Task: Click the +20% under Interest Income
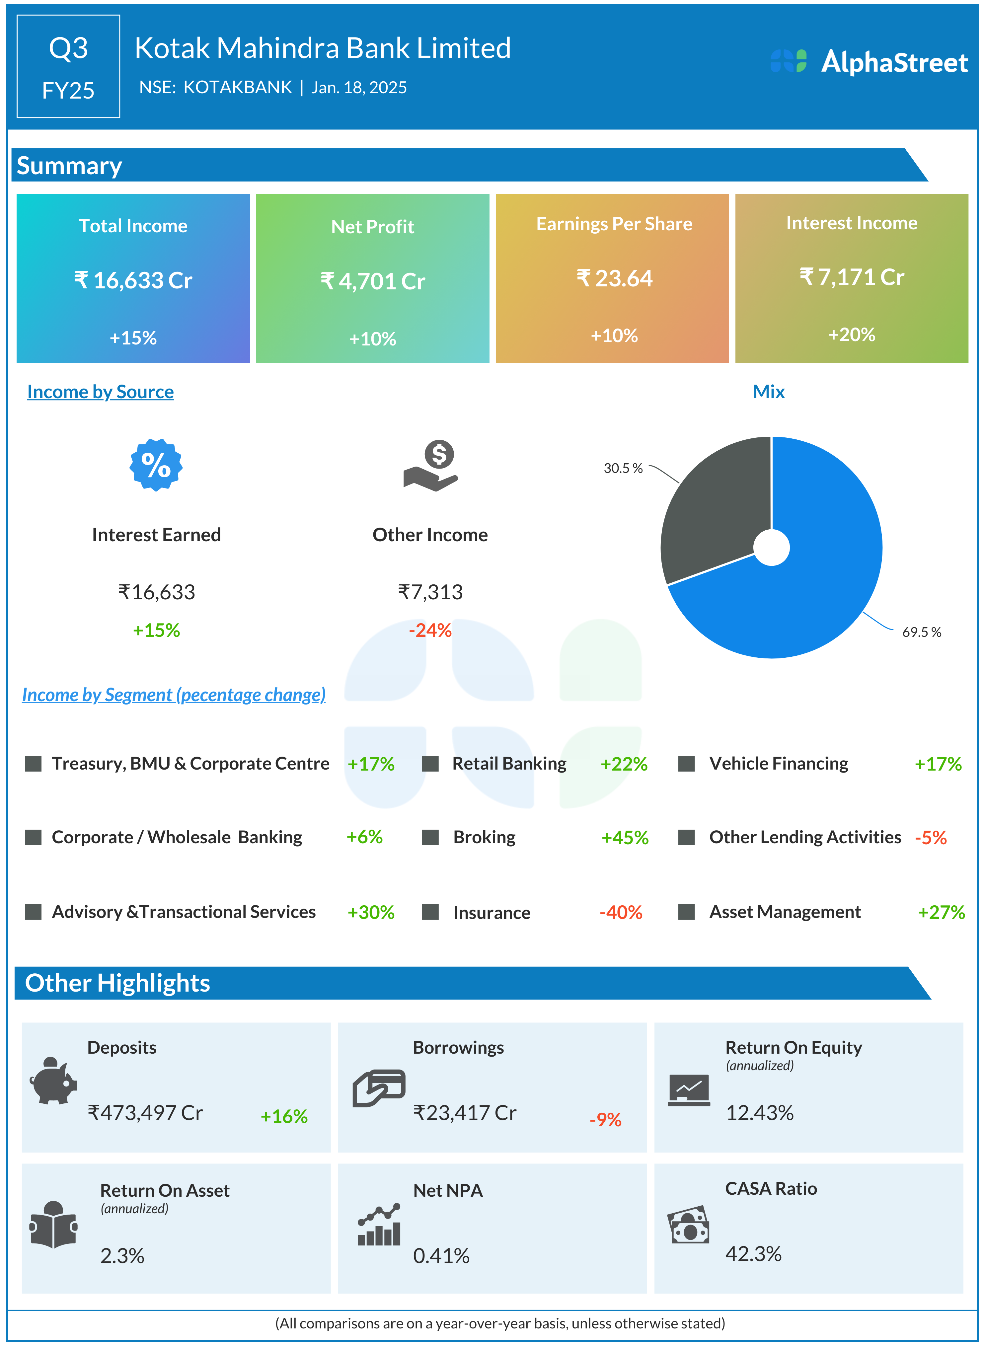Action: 852,335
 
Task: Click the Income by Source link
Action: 100,392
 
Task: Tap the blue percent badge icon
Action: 156,465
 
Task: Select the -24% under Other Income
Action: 430,630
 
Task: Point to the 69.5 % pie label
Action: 921,632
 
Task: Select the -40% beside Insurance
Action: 621,912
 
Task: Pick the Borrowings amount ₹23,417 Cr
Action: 465,1112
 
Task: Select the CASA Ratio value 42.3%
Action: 753,1254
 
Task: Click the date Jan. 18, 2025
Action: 359,88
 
